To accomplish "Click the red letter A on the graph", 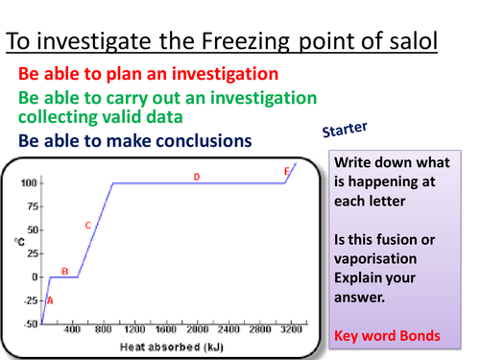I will (x=50, y=300).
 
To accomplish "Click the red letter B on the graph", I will (x=64, y=272).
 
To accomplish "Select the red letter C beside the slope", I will (x=87, y=226).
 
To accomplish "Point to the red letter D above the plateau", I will (x=196, y=177).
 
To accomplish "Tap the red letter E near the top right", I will (x=286, y=171).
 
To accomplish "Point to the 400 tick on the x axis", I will (x=72, y=331).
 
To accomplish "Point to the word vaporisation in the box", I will (x=375, y=260).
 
